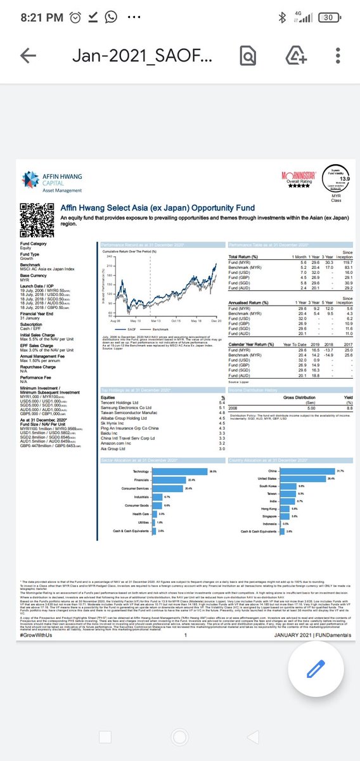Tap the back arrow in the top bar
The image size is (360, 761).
pos(28,56)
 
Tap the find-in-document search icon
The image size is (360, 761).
pos(247,56)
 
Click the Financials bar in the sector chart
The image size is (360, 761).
pos(160,480)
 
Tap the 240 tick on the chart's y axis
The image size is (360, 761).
pos(109,256)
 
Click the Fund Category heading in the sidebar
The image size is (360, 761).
pos(33,244)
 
